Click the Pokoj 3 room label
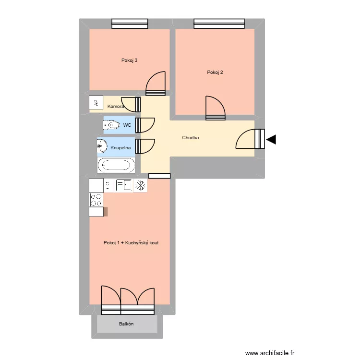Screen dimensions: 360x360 click(130, 60)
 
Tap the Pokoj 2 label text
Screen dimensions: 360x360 click(215, 72)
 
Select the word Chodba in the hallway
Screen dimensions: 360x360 click(191, 138)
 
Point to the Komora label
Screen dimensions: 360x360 click(116, 106)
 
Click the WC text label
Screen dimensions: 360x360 click(127, 125)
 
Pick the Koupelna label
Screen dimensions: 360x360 click(120, 148)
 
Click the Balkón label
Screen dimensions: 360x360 click(127, 324)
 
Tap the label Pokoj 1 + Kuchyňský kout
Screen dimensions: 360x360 click(131, 243)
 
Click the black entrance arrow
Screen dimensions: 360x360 click(272, 140)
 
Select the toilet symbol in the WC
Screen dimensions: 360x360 click(111, 125)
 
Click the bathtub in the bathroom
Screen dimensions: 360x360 click(116, 166)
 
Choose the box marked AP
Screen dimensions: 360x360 click(96, 103)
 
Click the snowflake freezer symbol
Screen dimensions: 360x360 click(140, 185)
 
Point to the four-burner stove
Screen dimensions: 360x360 click(96, 200)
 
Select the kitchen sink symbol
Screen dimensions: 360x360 click(123, 185)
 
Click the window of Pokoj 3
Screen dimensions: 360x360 click(130, 24)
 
